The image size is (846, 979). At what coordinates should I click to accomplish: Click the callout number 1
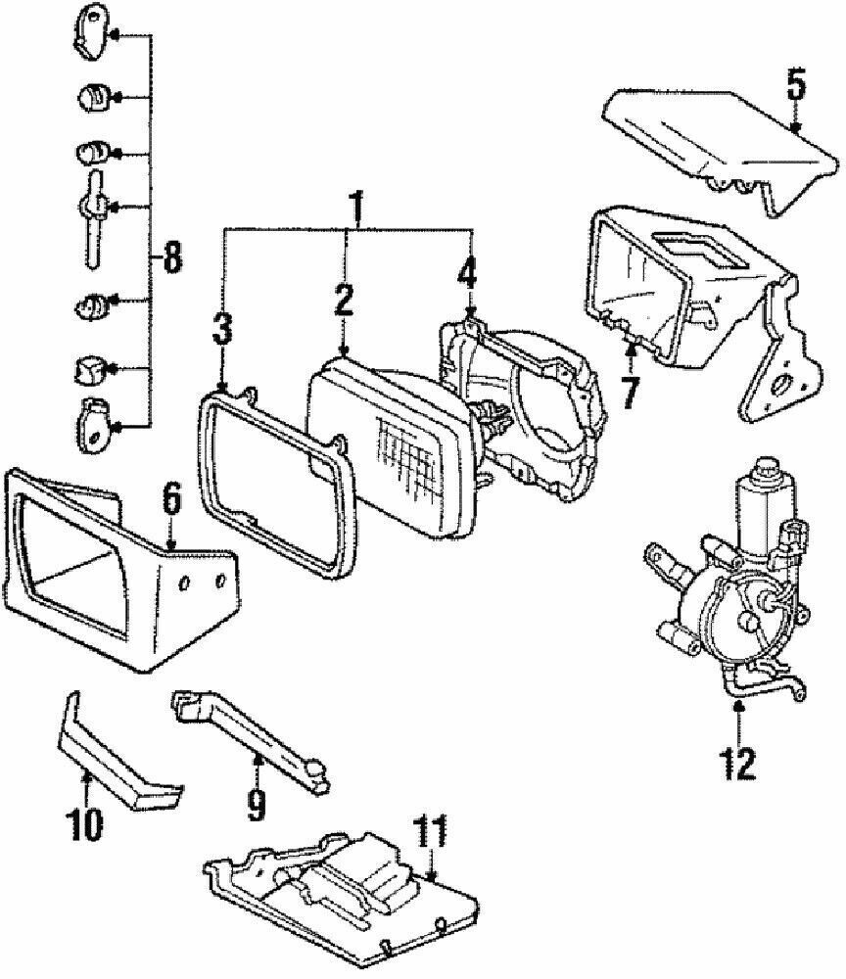coord(356,208)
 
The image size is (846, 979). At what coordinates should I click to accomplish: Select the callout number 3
coord(222,330)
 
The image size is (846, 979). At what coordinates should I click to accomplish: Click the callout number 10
coord(84,824)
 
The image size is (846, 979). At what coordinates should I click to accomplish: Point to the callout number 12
coord(738,761)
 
